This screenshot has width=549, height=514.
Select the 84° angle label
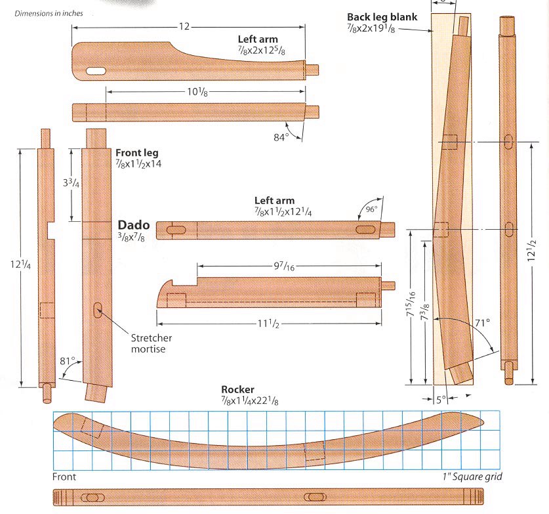coord(281,137)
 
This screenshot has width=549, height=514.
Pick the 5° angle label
coord(441,398)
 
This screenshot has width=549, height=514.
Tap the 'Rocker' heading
coord(237,389)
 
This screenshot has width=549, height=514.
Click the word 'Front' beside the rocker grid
coord(64,476)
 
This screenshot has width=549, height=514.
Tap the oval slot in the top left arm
coord(96,70)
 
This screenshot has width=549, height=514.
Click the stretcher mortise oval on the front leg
coord(98,310)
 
